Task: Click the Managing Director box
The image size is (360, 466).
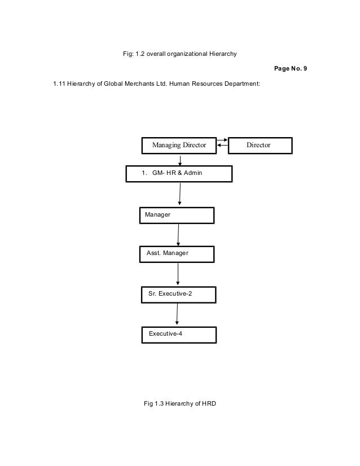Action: click(179, 145)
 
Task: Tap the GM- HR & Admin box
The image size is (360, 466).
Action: click(179, 174)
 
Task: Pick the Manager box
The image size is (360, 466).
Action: click(177, 216)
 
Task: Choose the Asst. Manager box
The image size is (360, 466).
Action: click(177, 254)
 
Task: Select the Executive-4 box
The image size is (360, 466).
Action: click(178, 334)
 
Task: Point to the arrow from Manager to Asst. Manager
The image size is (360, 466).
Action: click(178, 235)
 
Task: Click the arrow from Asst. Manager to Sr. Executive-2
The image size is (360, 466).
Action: click(178, 274)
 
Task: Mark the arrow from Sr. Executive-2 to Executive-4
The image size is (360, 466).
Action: click(177, 314)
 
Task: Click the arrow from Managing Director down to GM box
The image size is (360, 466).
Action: click(179, 159)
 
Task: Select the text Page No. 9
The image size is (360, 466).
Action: click(290, 69)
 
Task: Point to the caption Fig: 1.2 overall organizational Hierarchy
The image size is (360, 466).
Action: click(179, 54)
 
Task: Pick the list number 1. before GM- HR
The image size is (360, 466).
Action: click(144, 174)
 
